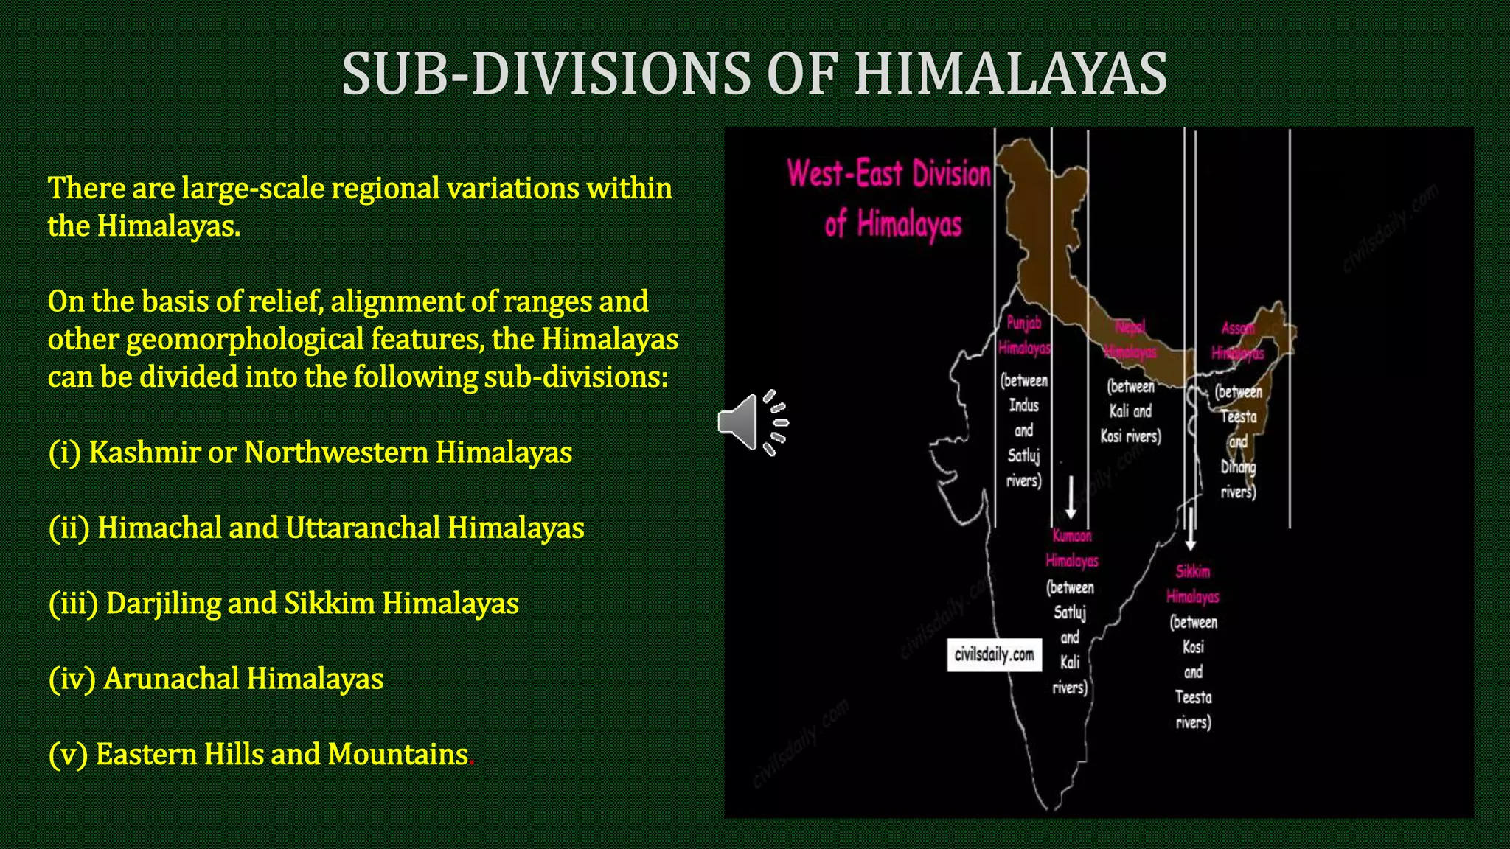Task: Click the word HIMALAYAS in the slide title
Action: pyautogui.click(x=1010, y=74)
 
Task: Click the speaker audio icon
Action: pyautogui.click(x=753, y=422)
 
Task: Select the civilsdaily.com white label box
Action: pyautogui.click(x=994, y=654)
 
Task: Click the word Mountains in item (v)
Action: pyautogui.click(x=398, y=754)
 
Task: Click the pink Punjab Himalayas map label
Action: pyautogui.click(x=1024, y=335)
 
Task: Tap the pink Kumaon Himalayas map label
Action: pyautogui.click(x=1072, y=548)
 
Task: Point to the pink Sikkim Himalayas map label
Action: pyautogui.click(x=1193, y=584)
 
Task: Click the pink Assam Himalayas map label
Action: pyautogui.click(x=1238, y=340)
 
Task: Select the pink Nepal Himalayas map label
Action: pyautogui.click(x=1130, y=339)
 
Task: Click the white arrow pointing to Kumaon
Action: pyautogui.click(x=1071, y=497)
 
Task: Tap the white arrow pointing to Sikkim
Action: pyautogui.click(x=1191, y=529)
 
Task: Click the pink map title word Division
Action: pyautogui.click(x=951, y=174)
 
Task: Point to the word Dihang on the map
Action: pyautogui.click(x=1238, y=467)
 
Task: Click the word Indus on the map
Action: pyautogui.click(x=1023, y=405)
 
